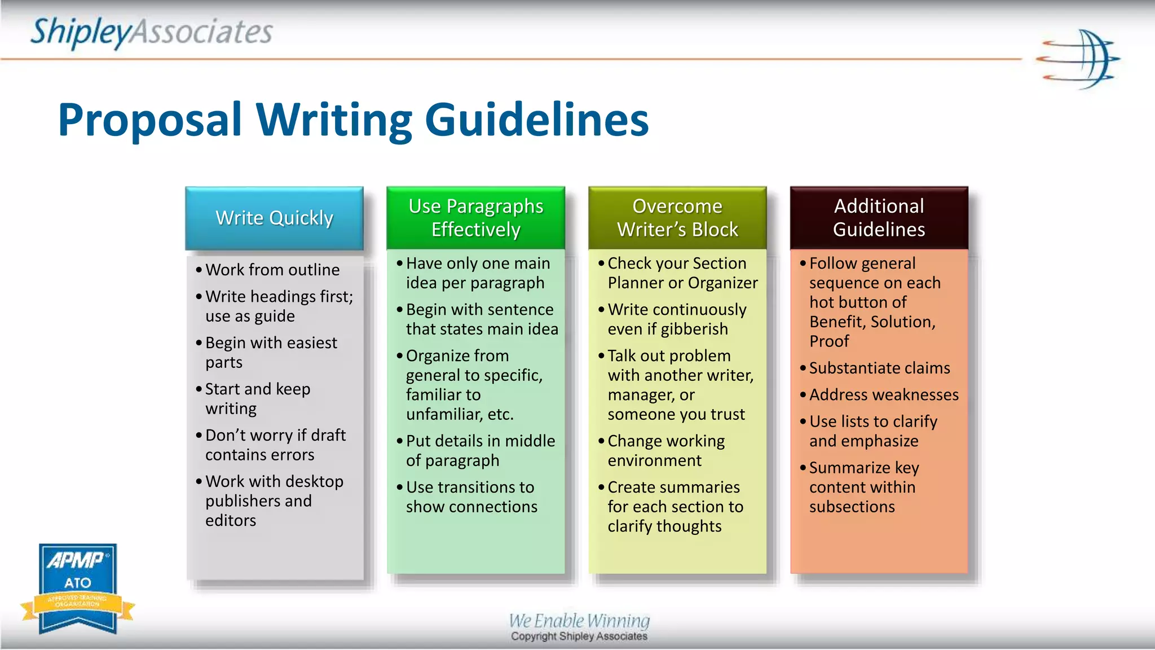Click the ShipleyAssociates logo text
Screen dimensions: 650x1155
151,32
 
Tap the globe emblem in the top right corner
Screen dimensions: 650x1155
1078,59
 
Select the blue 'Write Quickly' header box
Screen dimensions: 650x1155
274,218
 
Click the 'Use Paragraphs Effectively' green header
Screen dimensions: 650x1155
475,218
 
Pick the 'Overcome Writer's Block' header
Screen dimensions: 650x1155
677,218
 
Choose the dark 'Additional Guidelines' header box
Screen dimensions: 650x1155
879,218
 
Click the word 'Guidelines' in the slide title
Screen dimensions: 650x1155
536,120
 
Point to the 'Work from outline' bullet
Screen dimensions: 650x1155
272,270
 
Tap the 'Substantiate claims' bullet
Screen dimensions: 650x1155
879,368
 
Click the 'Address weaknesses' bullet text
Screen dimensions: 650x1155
883,395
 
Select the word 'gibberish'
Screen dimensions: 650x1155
694,329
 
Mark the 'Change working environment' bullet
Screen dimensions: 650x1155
665,450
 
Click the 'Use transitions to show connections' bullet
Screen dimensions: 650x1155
471,497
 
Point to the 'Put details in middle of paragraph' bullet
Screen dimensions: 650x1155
480,450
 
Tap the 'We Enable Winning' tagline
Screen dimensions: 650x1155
579,621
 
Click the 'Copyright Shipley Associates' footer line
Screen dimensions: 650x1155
579,636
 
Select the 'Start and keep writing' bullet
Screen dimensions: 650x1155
257,398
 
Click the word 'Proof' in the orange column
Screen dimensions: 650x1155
829,341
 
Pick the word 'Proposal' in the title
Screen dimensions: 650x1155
150,120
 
